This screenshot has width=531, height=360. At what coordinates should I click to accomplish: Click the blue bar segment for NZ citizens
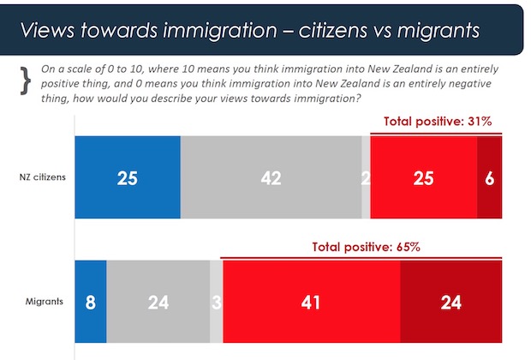click(128, 177)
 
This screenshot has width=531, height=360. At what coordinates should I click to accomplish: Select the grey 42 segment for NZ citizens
click(271, 177)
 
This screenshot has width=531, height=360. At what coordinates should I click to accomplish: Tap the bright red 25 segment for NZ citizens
click(423, 177)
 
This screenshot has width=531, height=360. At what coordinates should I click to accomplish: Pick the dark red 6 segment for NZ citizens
click(489, 177)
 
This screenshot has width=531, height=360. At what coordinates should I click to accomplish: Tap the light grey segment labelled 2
click(366, 177)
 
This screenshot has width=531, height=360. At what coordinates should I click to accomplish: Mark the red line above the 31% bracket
click(436, 134)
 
